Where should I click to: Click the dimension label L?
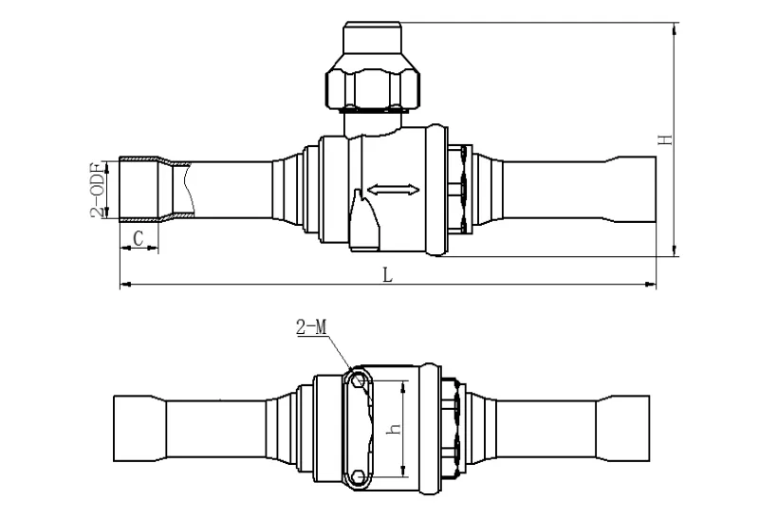click(x=386, y=274)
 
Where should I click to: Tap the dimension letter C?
click(x=139, y=238)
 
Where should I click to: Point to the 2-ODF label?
click(x=97, y=190)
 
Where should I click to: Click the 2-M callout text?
click(x=311, y=328)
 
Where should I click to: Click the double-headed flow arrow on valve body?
click(x=393, y=191)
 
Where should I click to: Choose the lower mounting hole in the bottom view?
click(x=357, y=476)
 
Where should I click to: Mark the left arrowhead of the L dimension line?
click(x=124, y=284)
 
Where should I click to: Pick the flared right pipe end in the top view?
click(x=626, y=190)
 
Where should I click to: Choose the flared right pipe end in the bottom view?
click(x=626, y=428)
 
